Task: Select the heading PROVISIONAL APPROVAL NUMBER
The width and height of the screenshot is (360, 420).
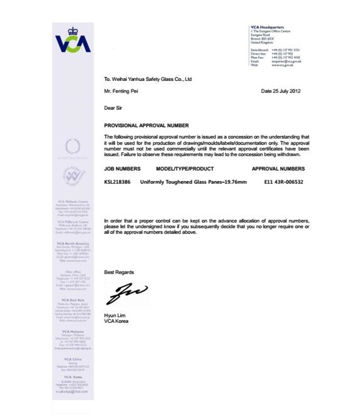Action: [x=146, y=127]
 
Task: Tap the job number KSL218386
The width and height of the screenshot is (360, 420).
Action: [x=117, y=181]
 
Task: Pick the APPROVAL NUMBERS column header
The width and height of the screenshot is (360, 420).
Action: [x=278, y=169]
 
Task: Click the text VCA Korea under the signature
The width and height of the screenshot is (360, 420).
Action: [x=116, y=321]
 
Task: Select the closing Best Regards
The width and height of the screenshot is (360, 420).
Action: [x=119, y=272]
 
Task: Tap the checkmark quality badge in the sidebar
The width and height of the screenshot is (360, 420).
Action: [x=73, y=176]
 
